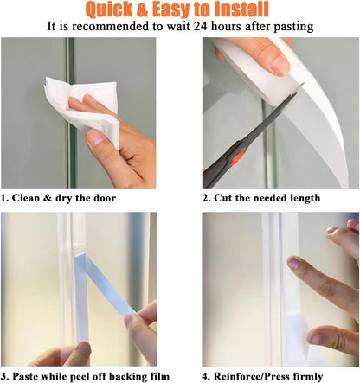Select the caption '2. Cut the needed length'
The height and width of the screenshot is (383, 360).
pyautogui.click(x=261, y=198)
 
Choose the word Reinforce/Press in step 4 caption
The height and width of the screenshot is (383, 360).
pyautogui.click(x=255, y=376)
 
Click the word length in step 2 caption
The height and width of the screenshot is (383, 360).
pyautogui.click(x=303, y=198)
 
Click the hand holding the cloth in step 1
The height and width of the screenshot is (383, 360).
pyautogui.click(x=125, y=130)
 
